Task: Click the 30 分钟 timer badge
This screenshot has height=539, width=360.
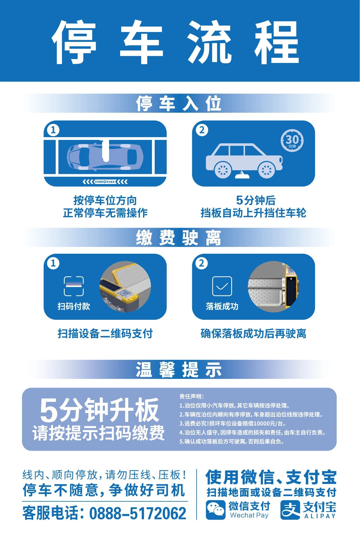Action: click(292, 140)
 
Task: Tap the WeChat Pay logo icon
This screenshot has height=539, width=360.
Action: click(215, 510)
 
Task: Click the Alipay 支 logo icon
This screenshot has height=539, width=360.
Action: click(290, 510)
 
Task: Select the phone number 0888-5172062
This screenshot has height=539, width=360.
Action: click(138, 513)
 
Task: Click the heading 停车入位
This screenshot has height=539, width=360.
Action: click(179, 103)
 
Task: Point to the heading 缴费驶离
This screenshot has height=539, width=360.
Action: click(179, 238)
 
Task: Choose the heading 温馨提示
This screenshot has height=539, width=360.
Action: click(179, 370)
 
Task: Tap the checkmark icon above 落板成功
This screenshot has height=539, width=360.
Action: click(222, 286)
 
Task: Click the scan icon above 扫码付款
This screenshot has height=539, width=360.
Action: click(74, 286)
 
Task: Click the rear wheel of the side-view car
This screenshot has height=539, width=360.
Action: click(223, 170)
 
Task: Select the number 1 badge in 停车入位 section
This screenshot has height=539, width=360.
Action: click(53, 130)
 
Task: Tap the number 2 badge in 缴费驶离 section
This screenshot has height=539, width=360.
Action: click(201, 263)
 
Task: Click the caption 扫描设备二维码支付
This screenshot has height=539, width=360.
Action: click(105, 334)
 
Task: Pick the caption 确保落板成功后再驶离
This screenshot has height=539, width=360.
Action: click(253, 334)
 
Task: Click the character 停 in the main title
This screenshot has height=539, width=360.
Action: click(74, 42)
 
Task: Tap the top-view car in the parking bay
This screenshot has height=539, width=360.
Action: click(105, 157)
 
